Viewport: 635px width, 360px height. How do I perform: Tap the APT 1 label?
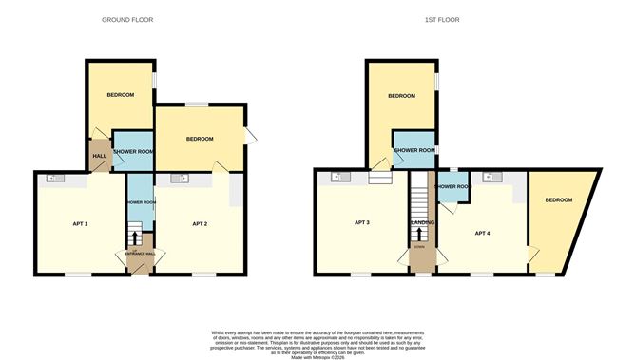[81, 224]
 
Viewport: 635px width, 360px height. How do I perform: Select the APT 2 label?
[200, 224]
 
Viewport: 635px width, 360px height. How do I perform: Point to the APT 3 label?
[361, 223]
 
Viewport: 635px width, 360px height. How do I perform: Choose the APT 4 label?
[483, 233]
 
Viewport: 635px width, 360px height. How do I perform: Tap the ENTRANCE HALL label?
[134, 254]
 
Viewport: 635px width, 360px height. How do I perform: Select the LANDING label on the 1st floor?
[422, 223]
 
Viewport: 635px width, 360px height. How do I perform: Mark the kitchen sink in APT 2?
[178, 178]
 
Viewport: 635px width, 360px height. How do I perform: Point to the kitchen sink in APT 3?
[336, 177]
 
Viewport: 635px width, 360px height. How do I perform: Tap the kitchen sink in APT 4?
[487, 177]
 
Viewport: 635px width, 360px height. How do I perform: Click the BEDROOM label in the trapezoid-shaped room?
[558, 200]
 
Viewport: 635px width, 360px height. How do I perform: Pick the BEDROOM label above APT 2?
[200, 140]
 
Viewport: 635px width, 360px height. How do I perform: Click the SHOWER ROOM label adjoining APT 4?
[452, 187]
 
